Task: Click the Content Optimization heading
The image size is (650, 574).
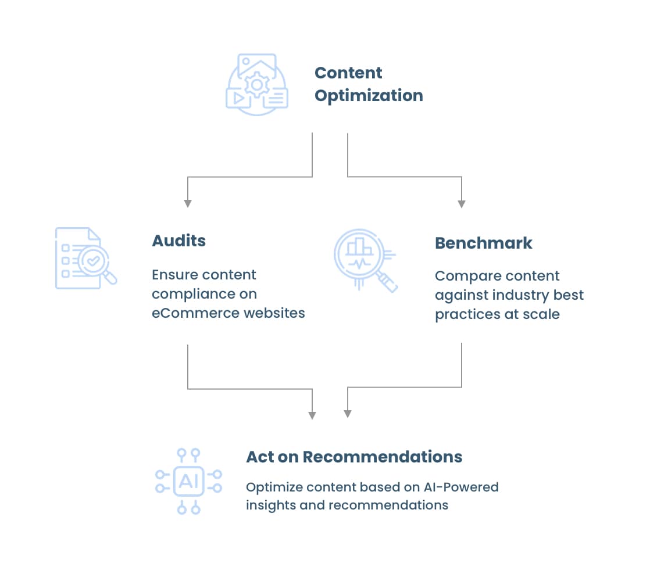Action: point(368,84)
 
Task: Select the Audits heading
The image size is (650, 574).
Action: point(178,241)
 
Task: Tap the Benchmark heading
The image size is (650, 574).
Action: point(483,243)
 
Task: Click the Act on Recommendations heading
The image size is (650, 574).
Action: point(354,457)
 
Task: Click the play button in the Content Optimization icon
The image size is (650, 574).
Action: point(238,98)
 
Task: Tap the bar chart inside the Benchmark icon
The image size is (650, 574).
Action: point(359,246)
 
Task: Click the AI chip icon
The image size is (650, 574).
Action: point(188,481)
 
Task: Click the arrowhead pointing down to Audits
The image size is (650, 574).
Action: point(188,203)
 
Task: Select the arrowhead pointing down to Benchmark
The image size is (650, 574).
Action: point(461,204)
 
